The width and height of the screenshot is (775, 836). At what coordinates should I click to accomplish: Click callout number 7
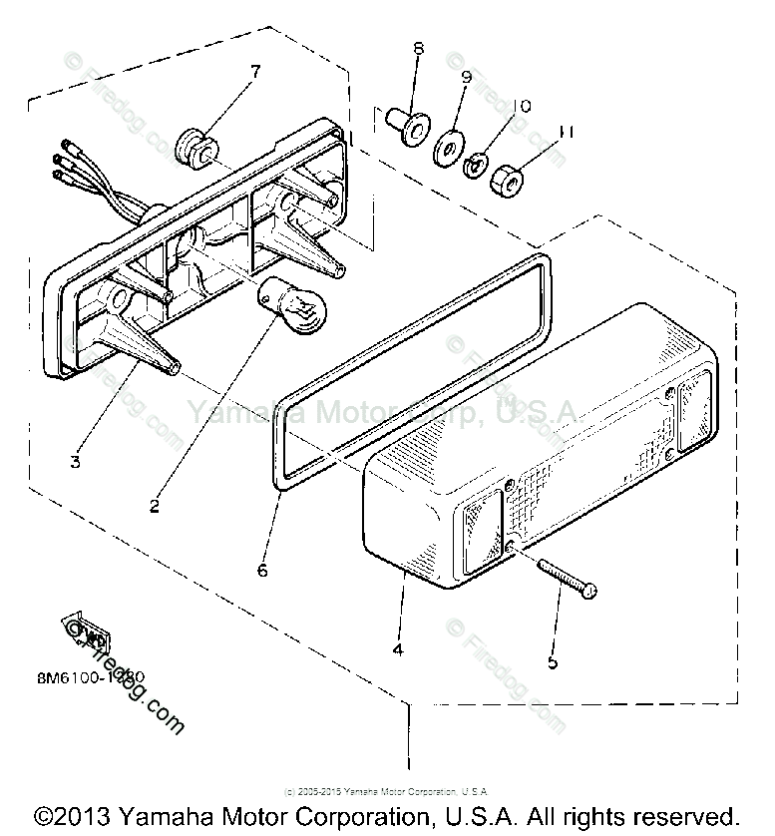[x=254, y=71]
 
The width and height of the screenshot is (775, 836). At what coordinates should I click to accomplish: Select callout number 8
[x=418, y=48]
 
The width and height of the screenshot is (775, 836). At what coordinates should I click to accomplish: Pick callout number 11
[x=566, y=131]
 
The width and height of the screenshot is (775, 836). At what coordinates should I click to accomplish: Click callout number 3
[x=75, y=461]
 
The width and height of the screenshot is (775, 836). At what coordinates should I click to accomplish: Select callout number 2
[x=155, y=506]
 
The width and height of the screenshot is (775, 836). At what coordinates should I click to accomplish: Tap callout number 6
[x=262, y=570]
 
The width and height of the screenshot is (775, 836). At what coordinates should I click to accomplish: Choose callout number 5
[x=553, y=661]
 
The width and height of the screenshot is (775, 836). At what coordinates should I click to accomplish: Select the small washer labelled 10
[x=476, y=163]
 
